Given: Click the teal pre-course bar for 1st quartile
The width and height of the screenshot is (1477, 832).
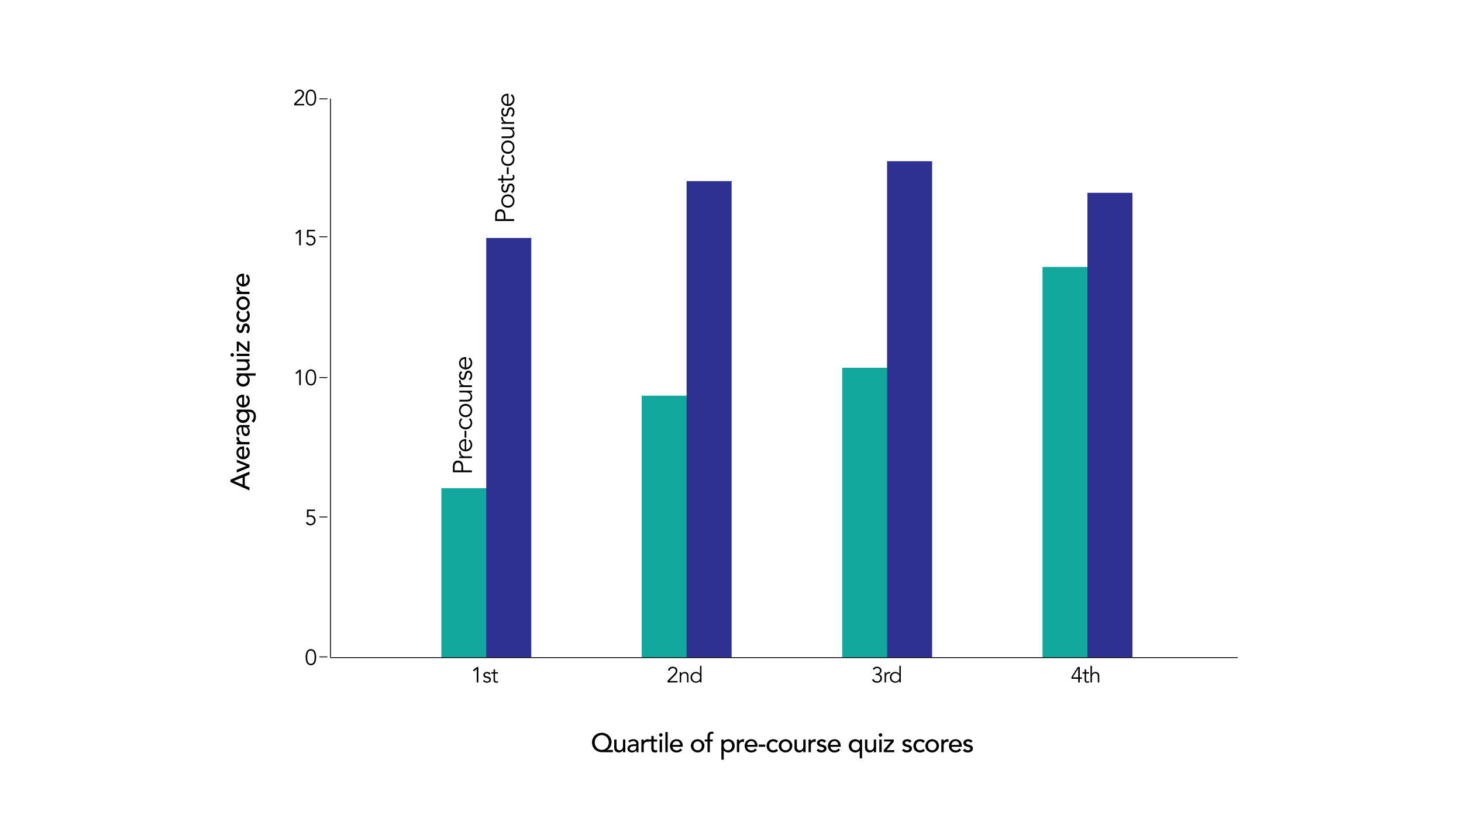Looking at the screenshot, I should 463,572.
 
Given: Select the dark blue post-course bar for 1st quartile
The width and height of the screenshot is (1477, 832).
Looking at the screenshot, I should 508,447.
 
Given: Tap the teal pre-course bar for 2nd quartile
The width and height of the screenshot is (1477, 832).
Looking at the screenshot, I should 664,526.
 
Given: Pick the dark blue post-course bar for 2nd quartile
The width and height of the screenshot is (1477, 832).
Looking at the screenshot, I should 708,419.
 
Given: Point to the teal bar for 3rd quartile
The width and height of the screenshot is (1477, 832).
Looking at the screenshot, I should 864,512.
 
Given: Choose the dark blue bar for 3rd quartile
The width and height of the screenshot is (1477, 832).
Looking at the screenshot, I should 909,409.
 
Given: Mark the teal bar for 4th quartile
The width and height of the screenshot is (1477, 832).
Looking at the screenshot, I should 1065,462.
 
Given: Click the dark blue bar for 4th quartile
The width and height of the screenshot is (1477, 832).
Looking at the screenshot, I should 1110,425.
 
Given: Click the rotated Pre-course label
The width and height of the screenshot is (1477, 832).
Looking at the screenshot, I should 463,415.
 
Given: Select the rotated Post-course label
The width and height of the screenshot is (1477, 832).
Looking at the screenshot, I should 505,158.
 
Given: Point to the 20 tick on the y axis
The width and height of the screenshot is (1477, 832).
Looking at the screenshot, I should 305,98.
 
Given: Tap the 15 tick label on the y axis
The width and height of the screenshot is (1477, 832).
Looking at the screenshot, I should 305,238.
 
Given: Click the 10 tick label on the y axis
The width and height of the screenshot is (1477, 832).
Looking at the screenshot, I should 305,378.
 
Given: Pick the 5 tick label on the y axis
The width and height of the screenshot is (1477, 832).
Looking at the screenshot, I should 311,518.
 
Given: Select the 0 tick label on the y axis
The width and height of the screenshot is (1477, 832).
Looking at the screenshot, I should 311,658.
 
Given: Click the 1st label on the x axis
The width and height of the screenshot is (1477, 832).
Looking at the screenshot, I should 485,676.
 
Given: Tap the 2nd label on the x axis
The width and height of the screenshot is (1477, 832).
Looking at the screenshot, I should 684,676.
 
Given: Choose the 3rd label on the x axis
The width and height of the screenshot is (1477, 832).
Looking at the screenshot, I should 886,676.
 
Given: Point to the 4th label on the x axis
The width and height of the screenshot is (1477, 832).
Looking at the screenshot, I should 1085,676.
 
